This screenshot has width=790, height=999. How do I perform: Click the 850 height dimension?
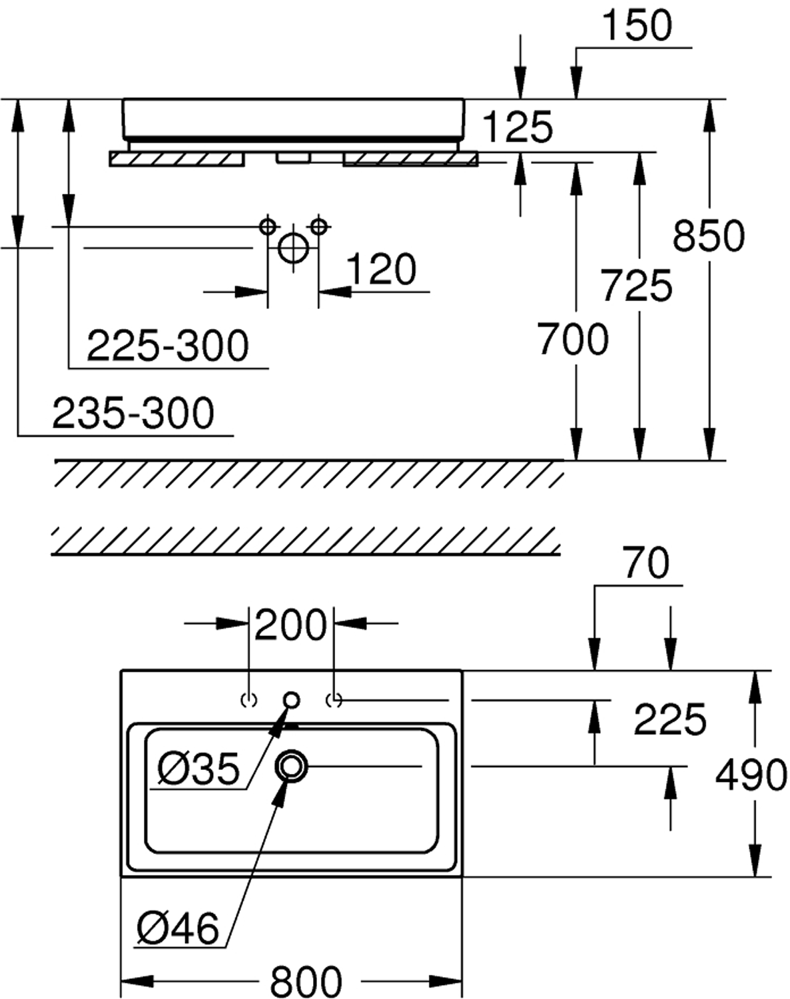[708, 236]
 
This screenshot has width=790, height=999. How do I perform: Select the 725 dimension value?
[636, 285]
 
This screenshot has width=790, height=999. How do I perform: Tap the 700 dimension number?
[573, 338]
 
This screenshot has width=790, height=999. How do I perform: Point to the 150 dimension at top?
[637, 27]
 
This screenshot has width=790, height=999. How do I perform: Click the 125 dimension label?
[518, 127]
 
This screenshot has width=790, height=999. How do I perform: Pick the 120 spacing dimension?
[381, 270]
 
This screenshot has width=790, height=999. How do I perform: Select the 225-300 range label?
[168, 346]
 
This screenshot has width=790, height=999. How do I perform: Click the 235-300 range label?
[133, 413]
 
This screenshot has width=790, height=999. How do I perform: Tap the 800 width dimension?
[306, 981]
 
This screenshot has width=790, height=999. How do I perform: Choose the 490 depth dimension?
[751, 775]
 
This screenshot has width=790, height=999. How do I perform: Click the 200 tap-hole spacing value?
[291, 625]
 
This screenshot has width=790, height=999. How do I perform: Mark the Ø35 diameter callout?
[198, 769]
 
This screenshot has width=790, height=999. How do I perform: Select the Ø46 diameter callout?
[178, 928]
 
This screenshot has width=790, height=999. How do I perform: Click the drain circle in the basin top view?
[291, 766]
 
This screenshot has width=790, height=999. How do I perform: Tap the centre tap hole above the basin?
[291, 700]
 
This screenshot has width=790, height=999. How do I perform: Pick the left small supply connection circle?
[268, 226]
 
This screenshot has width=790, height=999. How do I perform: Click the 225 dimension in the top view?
[669, 720]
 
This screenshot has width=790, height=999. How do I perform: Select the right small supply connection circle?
[319, 226]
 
